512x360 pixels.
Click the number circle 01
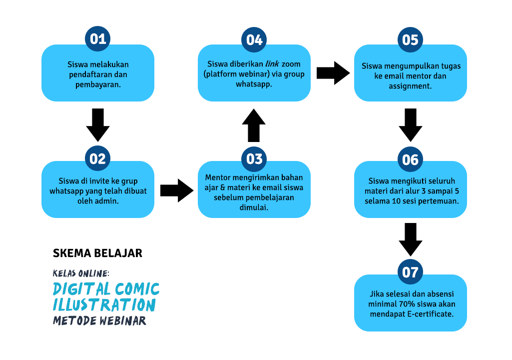click(97, 39)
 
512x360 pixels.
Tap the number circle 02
click(97, 158)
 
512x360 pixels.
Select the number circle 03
click(254, 159)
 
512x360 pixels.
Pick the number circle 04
click(254, 40)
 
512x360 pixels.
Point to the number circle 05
click(410, 40)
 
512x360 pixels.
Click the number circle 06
click(410, 159)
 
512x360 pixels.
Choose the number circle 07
click(410, 272)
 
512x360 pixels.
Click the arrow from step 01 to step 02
click(97, 125)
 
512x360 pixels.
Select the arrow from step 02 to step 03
click(177, 190)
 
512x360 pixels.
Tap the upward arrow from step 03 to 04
click(254, 125)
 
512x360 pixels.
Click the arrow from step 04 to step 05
click(333, 73)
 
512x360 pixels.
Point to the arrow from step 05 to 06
click(411, 125)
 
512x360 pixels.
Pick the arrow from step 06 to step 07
click(411, 239)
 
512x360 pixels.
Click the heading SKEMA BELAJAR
click(97, 253)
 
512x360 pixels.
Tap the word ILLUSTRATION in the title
click(104, 304)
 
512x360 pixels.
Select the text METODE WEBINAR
click(99, 321)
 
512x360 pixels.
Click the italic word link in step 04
click(272, 64)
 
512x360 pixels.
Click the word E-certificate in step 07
click(430, 314)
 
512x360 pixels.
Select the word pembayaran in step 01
click(98, 84)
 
